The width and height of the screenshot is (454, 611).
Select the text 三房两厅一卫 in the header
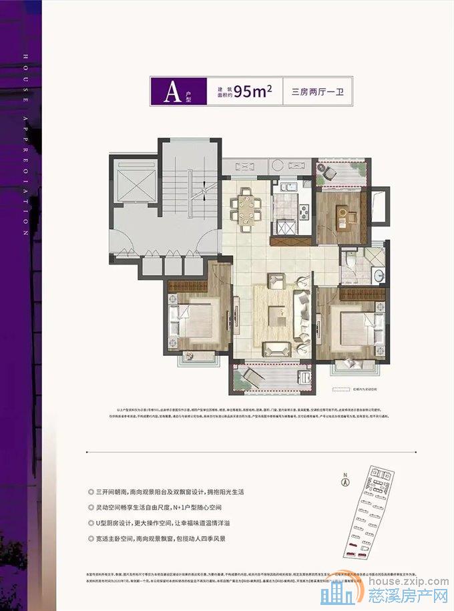coord(317,92)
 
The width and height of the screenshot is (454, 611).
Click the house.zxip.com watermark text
coord(401,580)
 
